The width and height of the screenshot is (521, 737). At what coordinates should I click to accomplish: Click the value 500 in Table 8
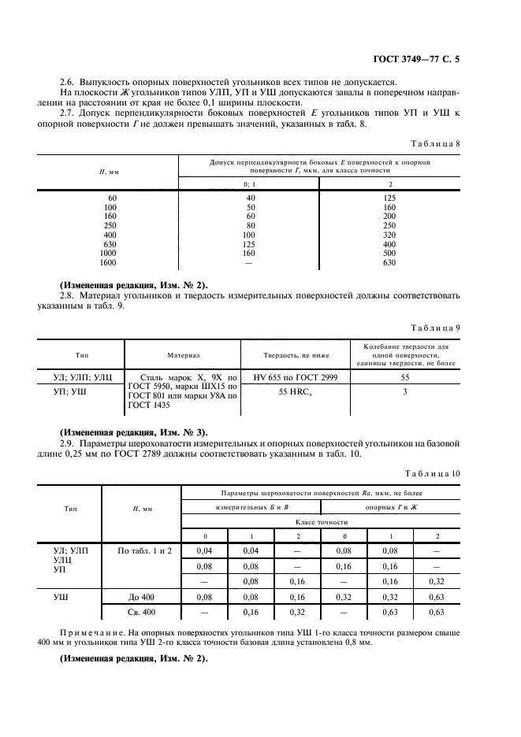pos(389,254)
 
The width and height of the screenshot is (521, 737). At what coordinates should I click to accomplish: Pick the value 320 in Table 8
pos(389,235)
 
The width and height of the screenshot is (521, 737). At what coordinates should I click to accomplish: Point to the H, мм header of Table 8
pos(106,171)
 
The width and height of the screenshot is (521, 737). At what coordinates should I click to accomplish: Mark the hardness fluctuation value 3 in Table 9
pos(404,391)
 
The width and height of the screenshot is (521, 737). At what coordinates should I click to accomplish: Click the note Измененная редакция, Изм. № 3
pos(134,432)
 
